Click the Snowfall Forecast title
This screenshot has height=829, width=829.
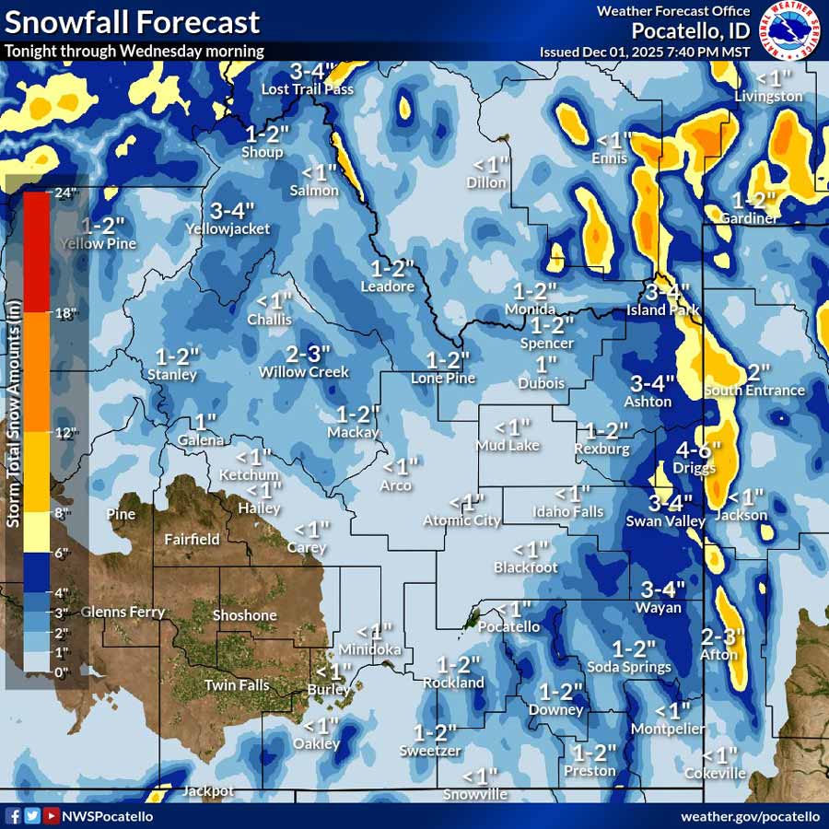133,22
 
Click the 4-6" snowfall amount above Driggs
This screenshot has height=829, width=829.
699,450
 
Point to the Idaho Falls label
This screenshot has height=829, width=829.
568,512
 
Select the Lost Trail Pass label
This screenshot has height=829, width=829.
308,89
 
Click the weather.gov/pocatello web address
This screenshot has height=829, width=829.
750,816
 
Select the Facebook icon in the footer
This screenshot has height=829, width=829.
14,816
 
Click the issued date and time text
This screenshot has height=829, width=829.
645,52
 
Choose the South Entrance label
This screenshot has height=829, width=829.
754,391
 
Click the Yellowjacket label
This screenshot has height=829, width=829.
228,228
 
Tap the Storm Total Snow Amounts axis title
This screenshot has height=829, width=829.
14,433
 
